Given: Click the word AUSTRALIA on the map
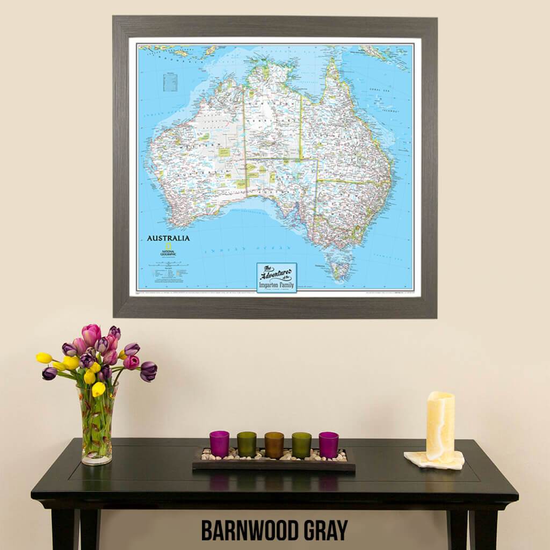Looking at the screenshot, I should coord(168,238).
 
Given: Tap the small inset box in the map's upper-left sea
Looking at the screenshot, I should coord(170,82).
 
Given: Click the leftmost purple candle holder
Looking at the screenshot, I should coord(219,444).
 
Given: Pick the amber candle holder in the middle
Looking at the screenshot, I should coord(274,445).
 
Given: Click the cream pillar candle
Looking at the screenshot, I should coord(440,426).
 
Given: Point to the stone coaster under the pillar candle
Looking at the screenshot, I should coord(434,460).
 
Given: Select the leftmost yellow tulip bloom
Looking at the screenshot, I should coord(44,358).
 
